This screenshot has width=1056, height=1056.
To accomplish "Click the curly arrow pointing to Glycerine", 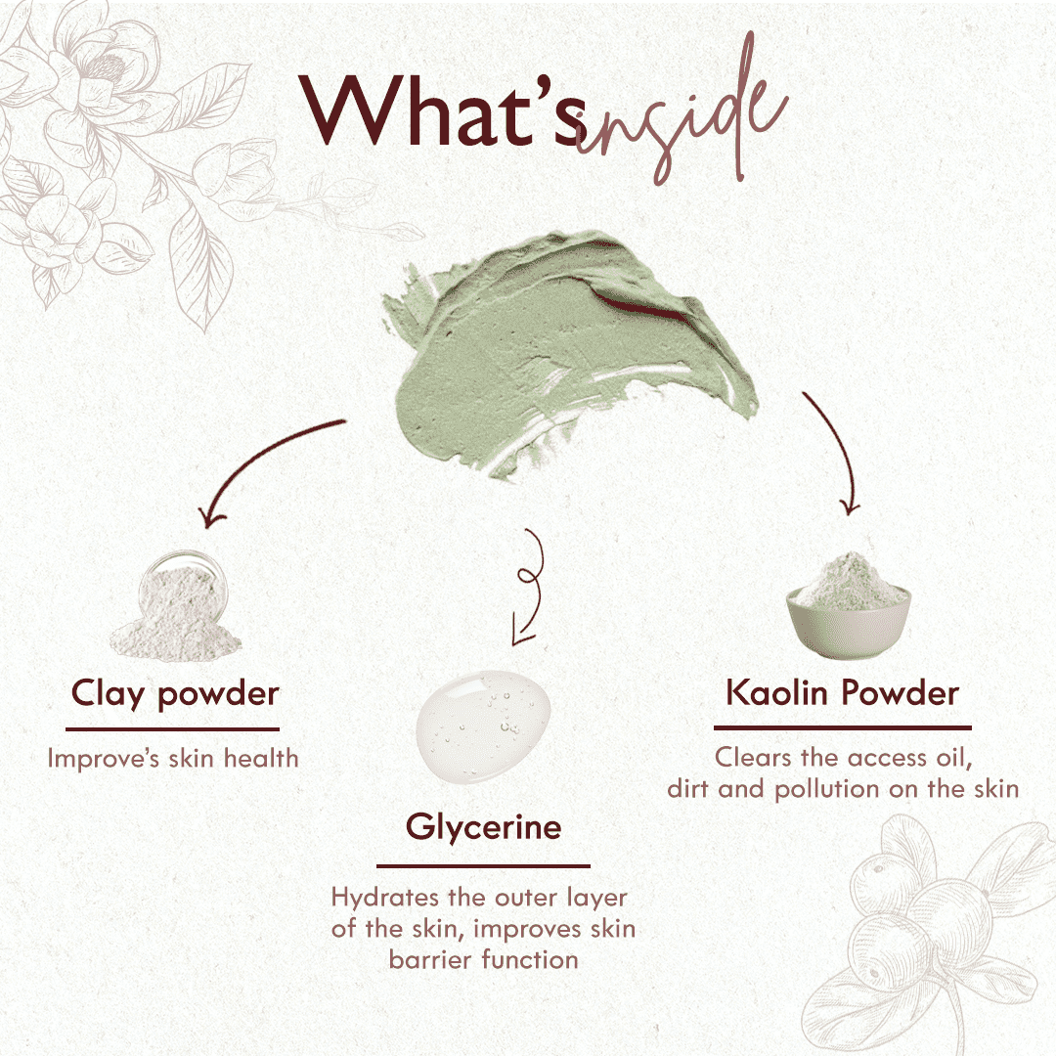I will point(528,587).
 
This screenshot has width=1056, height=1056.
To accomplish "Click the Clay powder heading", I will point(175,693).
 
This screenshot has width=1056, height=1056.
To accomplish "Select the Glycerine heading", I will point(484,827).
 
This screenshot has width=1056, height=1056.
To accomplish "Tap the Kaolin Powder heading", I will point(842,693).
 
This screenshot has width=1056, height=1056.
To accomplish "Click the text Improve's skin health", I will point(173,758).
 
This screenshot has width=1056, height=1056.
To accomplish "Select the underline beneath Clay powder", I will point(173,728).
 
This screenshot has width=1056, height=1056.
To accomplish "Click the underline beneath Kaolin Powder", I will point(842,727).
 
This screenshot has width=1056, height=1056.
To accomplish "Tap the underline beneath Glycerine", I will point(483,865).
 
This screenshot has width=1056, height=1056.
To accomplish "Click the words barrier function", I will point(483,959).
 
